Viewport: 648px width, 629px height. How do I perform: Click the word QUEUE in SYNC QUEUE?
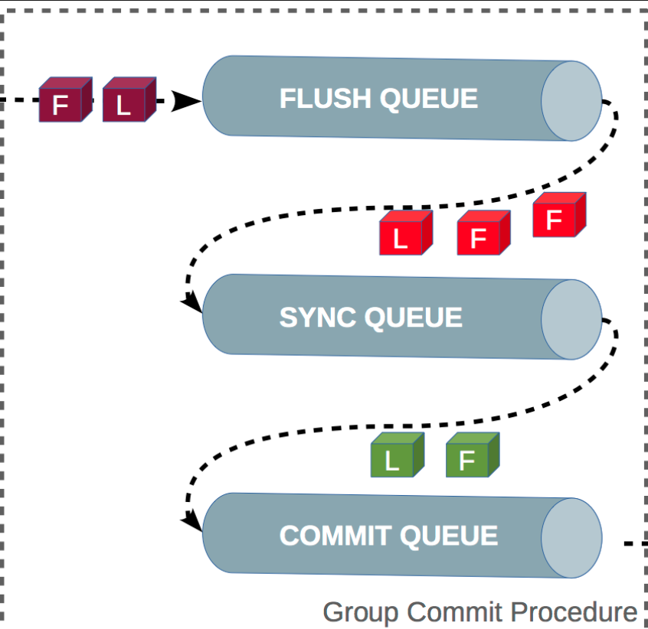point(414,318)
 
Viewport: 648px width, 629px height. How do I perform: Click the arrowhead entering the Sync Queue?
point(192,305)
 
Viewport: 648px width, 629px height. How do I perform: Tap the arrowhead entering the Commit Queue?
point(192,523)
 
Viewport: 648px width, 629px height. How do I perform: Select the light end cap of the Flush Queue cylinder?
point(571,101)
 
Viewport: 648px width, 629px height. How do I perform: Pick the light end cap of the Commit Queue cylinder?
point(571,539)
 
